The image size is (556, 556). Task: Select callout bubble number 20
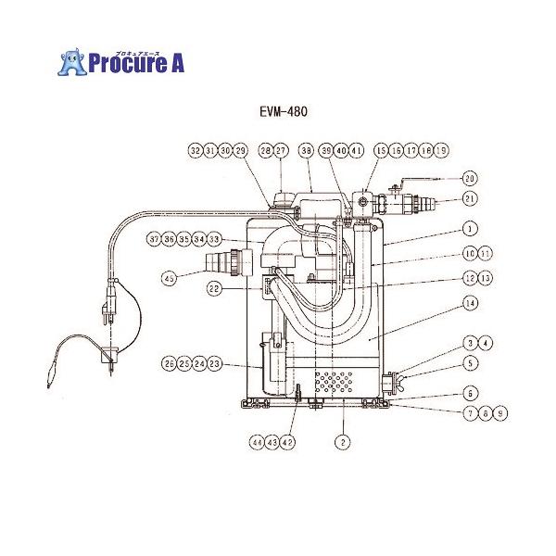coord(469,178)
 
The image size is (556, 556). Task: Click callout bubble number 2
coord(342,443)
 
